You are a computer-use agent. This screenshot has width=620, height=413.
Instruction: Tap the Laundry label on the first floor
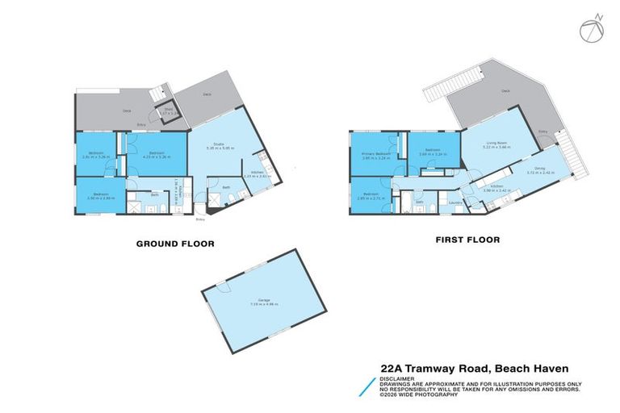pyautogui.click(x=455, y=202)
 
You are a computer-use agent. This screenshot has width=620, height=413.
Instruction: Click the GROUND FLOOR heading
pyautogui.click(x=174, y=242)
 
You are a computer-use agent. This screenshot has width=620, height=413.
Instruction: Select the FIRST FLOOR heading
pyautogui.click(x=467, y=240)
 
